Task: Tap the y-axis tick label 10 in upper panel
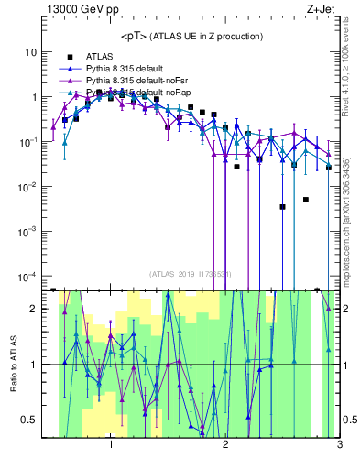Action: [x=30, y=52]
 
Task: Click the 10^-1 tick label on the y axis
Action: [x=28, y=142]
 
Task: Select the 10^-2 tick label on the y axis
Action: [x=28, y=187]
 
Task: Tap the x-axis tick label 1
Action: [x=111, y=446]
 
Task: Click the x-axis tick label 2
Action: [x=225, y=446]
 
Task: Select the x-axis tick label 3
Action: [x=339, y=446]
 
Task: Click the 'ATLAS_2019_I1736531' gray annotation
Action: [x=191, y=274]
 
